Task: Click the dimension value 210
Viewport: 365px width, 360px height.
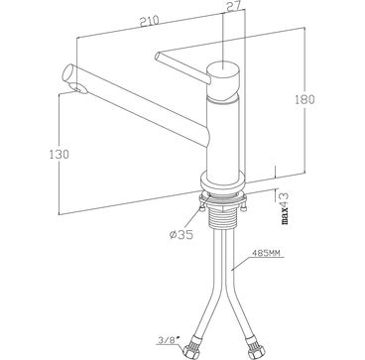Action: coord(150,21)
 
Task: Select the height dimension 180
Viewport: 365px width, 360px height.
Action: coord(304,99)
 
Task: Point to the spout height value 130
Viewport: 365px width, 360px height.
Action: coord(60,154)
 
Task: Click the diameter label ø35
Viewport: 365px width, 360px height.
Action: coord(181,234)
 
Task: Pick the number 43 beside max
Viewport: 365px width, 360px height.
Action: coord(285,201)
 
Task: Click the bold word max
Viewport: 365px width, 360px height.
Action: coord(285,217)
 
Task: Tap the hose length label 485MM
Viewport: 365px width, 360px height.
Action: coord(266,254)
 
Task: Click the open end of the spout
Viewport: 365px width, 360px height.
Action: coord(67,73)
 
